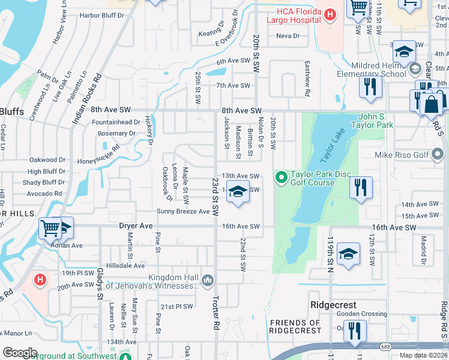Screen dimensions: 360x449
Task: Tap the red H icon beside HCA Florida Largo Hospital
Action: click(x=330, y=14)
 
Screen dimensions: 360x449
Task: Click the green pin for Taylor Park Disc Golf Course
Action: click(x=281, y=176)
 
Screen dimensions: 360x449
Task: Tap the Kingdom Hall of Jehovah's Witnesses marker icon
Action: click(x=207, y=280)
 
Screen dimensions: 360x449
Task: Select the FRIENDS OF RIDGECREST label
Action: click(x=295, y=326)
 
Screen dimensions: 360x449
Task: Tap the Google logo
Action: click(x=20, y=353)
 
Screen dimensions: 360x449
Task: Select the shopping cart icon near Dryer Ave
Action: click(x=50, y=228)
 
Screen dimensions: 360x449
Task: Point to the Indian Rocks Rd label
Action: click(x=87, y=100)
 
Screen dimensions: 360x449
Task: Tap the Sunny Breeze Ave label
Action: click(x=183, y=211)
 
